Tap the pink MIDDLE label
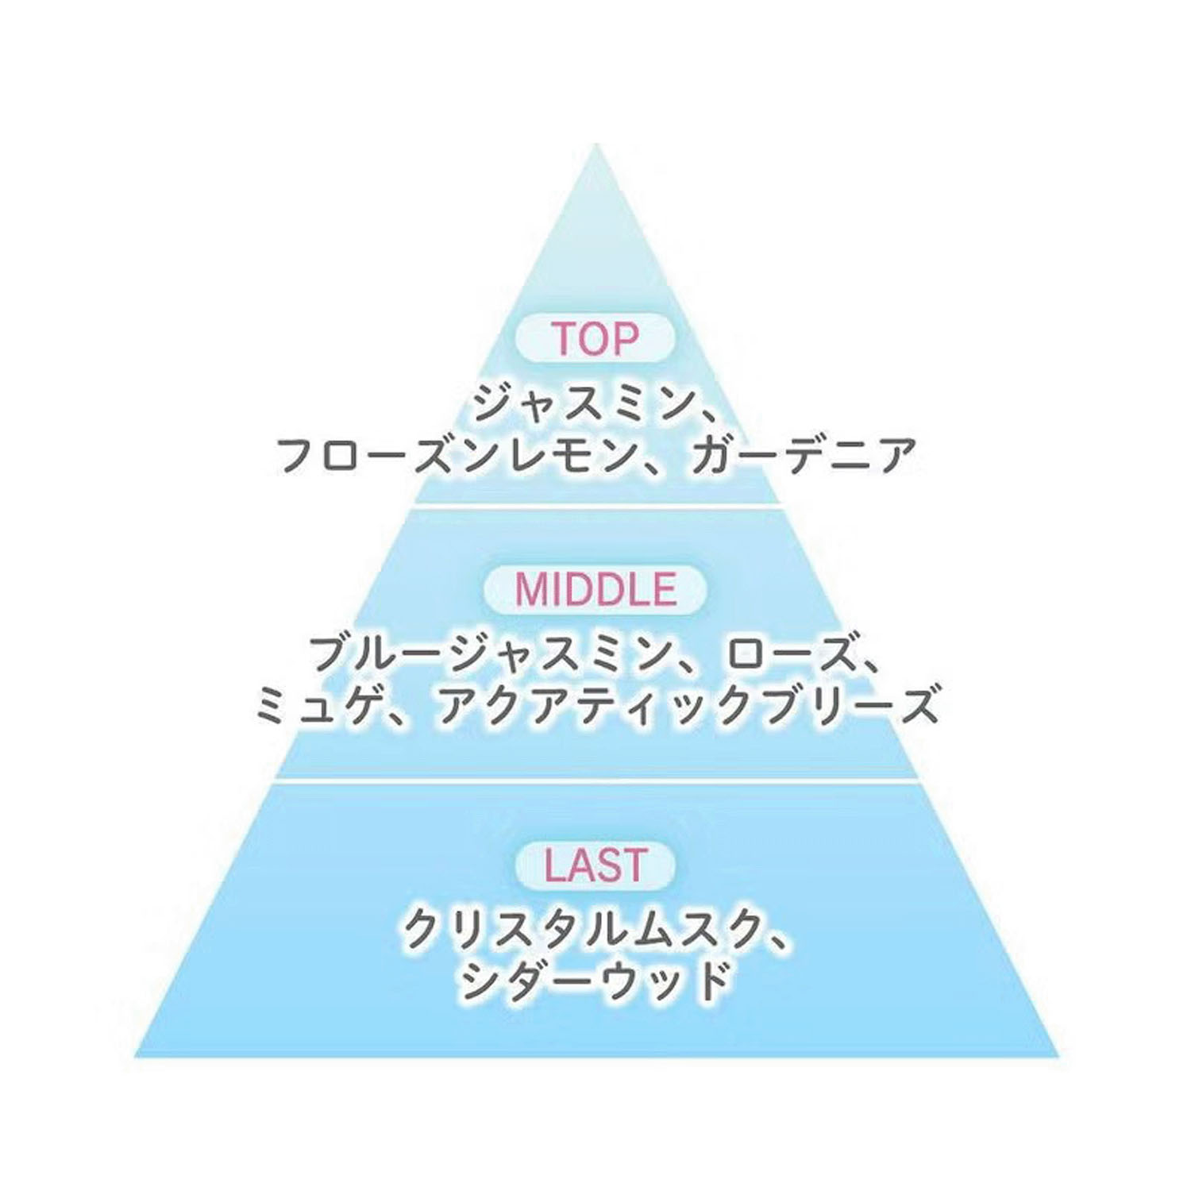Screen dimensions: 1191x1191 pos(595,588)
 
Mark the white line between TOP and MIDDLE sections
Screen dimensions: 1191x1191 pos(595,504)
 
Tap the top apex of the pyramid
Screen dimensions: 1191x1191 pos(595,144)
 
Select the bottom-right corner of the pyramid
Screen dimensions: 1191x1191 pos(1058,1056)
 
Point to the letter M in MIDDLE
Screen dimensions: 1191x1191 pos(532,588)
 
